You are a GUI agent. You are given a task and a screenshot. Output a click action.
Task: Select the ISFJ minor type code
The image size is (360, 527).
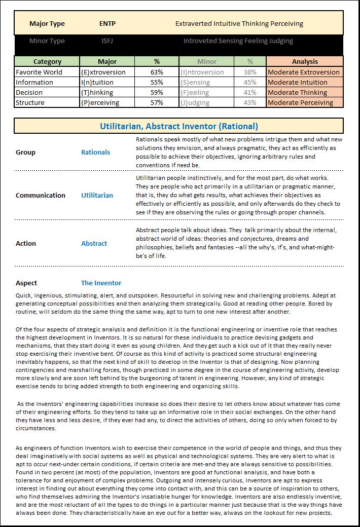click(107, 41)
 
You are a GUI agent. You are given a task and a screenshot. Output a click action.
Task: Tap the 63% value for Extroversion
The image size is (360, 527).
click(157, 72)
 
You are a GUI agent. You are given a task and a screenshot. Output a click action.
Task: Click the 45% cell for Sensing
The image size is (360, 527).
click(250, 82)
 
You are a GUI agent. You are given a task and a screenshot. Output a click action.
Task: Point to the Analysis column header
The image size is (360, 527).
click(305, 61)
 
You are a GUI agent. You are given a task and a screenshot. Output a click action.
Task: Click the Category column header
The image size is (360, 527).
click(47, 61)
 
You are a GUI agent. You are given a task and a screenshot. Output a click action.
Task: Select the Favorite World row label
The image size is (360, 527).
click(39, 72)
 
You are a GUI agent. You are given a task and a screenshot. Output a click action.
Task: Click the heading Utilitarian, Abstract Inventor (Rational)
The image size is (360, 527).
click(178, 126)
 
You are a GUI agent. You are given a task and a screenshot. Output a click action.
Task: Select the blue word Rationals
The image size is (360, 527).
click(95, 152)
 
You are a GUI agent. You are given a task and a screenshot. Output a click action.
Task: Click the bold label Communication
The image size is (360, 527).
click(41, 195)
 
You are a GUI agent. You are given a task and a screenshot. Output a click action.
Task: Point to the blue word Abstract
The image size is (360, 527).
click(94, 243)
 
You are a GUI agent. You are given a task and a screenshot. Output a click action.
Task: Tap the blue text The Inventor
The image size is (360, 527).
click(101, 283)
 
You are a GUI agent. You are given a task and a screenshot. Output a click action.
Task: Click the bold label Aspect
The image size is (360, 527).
click(26, 283)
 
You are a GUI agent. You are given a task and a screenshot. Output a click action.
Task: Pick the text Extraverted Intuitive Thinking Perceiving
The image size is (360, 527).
click(239, 23)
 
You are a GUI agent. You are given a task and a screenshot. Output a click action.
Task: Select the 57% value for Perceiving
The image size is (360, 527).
click(157, 102)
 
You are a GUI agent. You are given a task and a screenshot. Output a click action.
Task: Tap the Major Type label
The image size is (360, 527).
click(47, 23)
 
